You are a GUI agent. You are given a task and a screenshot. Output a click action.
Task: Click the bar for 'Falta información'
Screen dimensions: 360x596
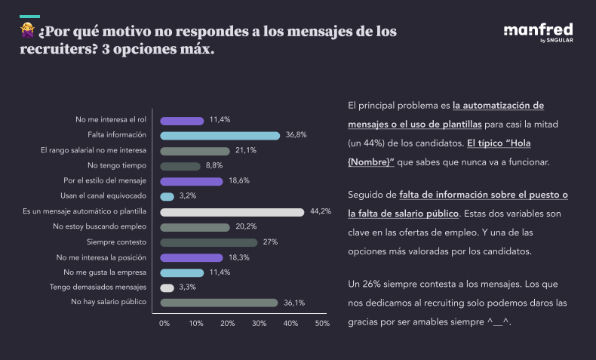(x=220, y=136)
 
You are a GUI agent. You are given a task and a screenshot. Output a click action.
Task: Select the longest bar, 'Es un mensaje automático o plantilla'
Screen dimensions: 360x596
(x=232, y=212)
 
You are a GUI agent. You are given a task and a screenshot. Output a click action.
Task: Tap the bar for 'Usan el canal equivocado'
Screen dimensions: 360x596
(x=167, y=196)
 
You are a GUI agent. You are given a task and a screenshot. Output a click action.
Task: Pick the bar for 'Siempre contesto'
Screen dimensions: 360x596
(x=208, y=242)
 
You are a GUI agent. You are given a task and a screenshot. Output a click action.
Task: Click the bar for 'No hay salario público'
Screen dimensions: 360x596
(x=219, y=303)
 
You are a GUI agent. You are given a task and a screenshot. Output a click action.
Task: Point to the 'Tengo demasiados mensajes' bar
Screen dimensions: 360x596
(x=167, y=288)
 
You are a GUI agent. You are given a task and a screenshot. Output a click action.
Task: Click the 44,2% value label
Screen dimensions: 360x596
(x=321, y=211)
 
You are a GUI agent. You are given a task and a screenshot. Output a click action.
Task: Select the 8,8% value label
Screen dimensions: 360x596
(x=214, y=166)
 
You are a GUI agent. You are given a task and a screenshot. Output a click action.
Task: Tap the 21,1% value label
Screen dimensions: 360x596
(x=246, y=151)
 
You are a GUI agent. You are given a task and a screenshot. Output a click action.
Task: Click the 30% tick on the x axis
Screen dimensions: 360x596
(x=259, y=323)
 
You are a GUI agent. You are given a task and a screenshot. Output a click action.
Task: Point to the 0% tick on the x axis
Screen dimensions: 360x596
(x=164, y=323)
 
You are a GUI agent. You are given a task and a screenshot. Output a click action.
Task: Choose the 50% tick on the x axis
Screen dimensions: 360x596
(x=322, y=323)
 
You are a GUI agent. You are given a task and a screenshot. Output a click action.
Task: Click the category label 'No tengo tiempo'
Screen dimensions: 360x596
(x=117, y=166)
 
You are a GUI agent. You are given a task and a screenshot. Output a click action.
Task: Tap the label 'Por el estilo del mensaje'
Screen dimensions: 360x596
(x=105, y=181)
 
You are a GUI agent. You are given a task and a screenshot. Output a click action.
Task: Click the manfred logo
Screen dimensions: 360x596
(x=537, y=32)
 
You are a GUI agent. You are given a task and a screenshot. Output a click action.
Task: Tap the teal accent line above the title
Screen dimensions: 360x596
(x=29, y=16)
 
